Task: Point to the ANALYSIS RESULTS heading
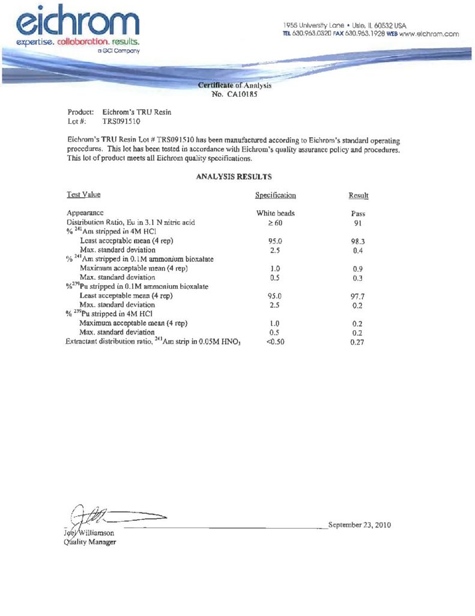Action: pyautogui.click(x=234, y=177)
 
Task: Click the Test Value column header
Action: pyautogui.click(x=83, y=194)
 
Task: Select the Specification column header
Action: pyautogui.click(x=275, y=196)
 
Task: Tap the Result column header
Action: pyautogui.click(x=359, y=196)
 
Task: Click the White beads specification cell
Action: pyautogui.click(x=275, y=214)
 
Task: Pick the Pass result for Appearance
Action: pyautogui.click(x=358, y=214)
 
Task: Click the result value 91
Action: pyautogui.click(x=358, y=223)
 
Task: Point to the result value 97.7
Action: pyautogui.click(x=358, y=297)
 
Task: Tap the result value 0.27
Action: pyautogui.click(x=358, y=343)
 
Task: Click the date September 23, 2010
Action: pyautogui.click(x=360, y=525)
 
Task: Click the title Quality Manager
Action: pyautogui.click(x=90, y=542)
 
